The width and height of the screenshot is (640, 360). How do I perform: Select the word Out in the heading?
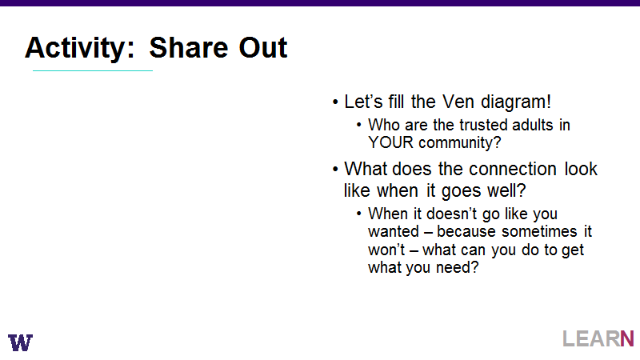point(263,47)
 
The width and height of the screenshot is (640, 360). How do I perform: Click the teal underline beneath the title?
point(93,70)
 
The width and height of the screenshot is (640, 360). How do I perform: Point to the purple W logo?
point(21,342)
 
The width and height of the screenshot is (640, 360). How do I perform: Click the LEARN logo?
point(598,338)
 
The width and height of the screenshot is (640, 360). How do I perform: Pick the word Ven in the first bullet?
point(458,102)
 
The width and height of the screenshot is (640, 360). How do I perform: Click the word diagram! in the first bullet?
point(516,102)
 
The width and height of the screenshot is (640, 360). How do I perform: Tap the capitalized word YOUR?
point(390,142)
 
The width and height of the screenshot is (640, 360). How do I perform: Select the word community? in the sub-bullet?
point(460,143)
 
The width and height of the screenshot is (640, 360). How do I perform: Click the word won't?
point(386,250)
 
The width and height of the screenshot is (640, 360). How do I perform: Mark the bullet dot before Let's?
point(335,102)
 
